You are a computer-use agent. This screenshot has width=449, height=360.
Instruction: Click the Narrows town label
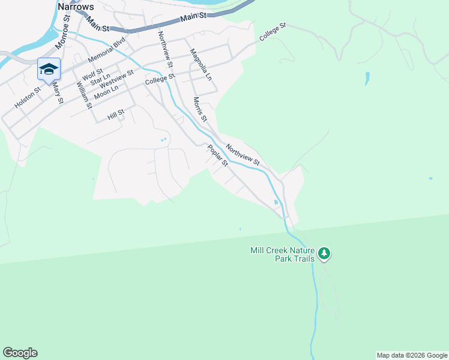tap(76, 6)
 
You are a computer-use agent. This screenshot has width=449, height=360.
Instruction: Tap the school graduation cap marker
tap(49, 68)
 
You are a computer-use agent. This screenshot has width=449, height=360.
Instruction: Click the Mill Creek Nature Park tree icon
tap(324, 253)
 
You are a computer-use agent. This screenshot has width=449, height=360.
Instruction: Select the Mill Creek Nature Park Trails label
tap(283, 254)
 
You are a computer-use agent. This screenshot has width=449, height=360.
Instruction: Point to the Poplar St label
tap(218, 156)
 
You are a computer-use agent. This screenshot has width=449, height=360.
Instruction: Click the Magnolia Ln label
tap(201, 65)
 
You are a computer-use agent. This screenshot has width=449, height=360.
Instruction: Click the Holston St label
tap(28, 98)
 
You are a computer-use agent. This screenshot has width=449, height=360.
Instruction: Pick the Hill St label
tap(115, 112)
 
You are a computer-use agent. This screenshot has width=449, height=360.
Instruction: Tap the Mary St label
tap(58, 93)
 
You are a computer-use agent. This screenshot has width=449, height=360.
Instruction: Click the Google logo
tap(20, 353)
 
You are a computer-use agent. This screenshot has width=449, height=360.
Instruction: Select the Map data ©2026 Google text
tap(412, 355)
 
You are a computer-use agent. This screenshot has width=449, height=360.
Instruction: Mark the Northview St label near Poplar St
tap(243, 154)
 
